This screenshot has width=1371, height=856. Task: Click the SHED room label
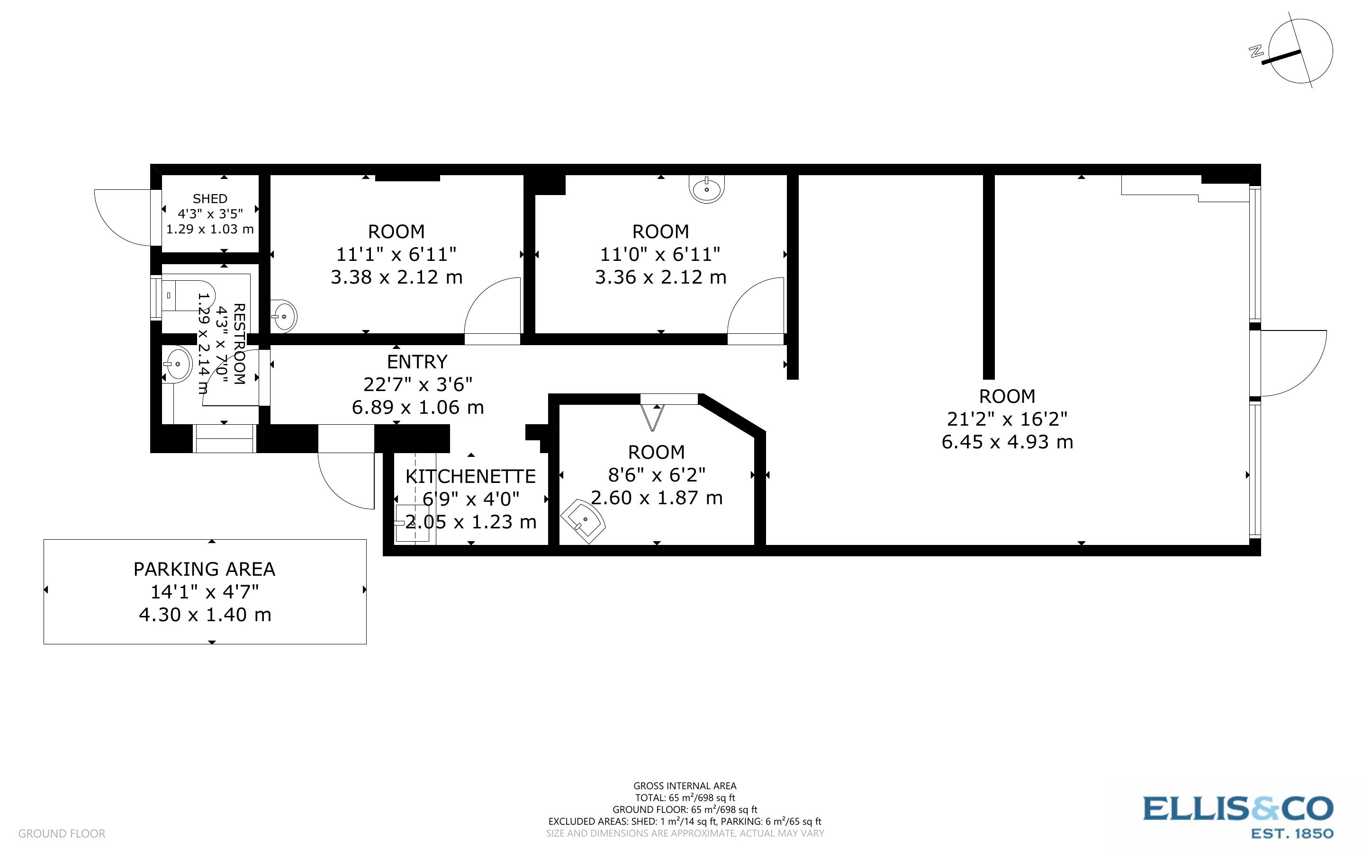pos(209,199)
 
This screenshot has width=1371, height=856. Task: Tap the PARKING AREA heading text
pos(205,569)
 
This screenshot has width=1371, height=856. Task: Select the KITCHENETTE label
pos(470,476)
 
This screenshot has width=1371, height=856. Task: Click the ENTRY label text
pos(417,362)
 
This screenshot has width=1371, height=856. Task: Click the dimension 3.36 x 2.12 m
pos(660,277)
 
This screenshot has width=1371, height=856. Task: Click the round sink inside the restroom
pos(177,364)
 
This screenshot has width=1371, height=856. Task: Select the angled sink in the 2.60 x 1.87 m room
pos(583,520)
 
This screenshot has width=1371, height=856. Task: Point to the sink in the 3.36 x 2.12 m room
pos(706,188)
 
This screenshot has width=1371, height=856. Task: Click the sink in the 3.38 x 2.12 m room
pos(283,316)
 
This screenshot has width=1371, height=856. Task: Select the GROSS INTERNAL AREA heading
pos(684,786)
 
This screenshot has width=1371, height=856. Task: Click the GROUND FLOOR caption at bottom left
pos(62,833)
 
